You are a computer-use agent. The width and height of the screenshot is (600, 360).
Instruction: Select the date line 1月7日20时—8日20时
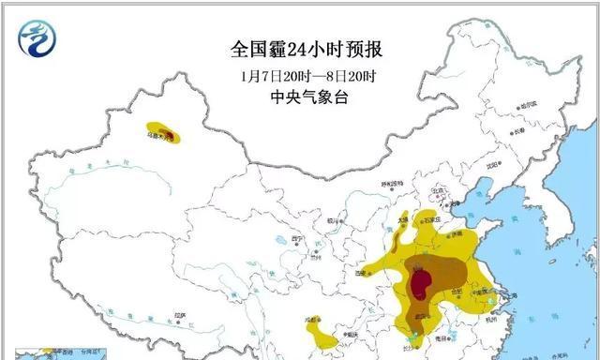tap(299, 74)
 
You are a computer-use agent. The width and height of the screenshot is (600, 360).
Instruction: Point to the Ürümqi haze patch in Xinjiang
tap(164, 134)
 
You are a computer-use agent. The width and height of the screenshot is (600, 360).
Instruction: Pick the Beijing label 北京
tap(435, 190)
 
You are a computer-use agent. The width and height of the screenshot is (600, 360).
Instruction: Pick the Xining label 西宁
tap(298, 239)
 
